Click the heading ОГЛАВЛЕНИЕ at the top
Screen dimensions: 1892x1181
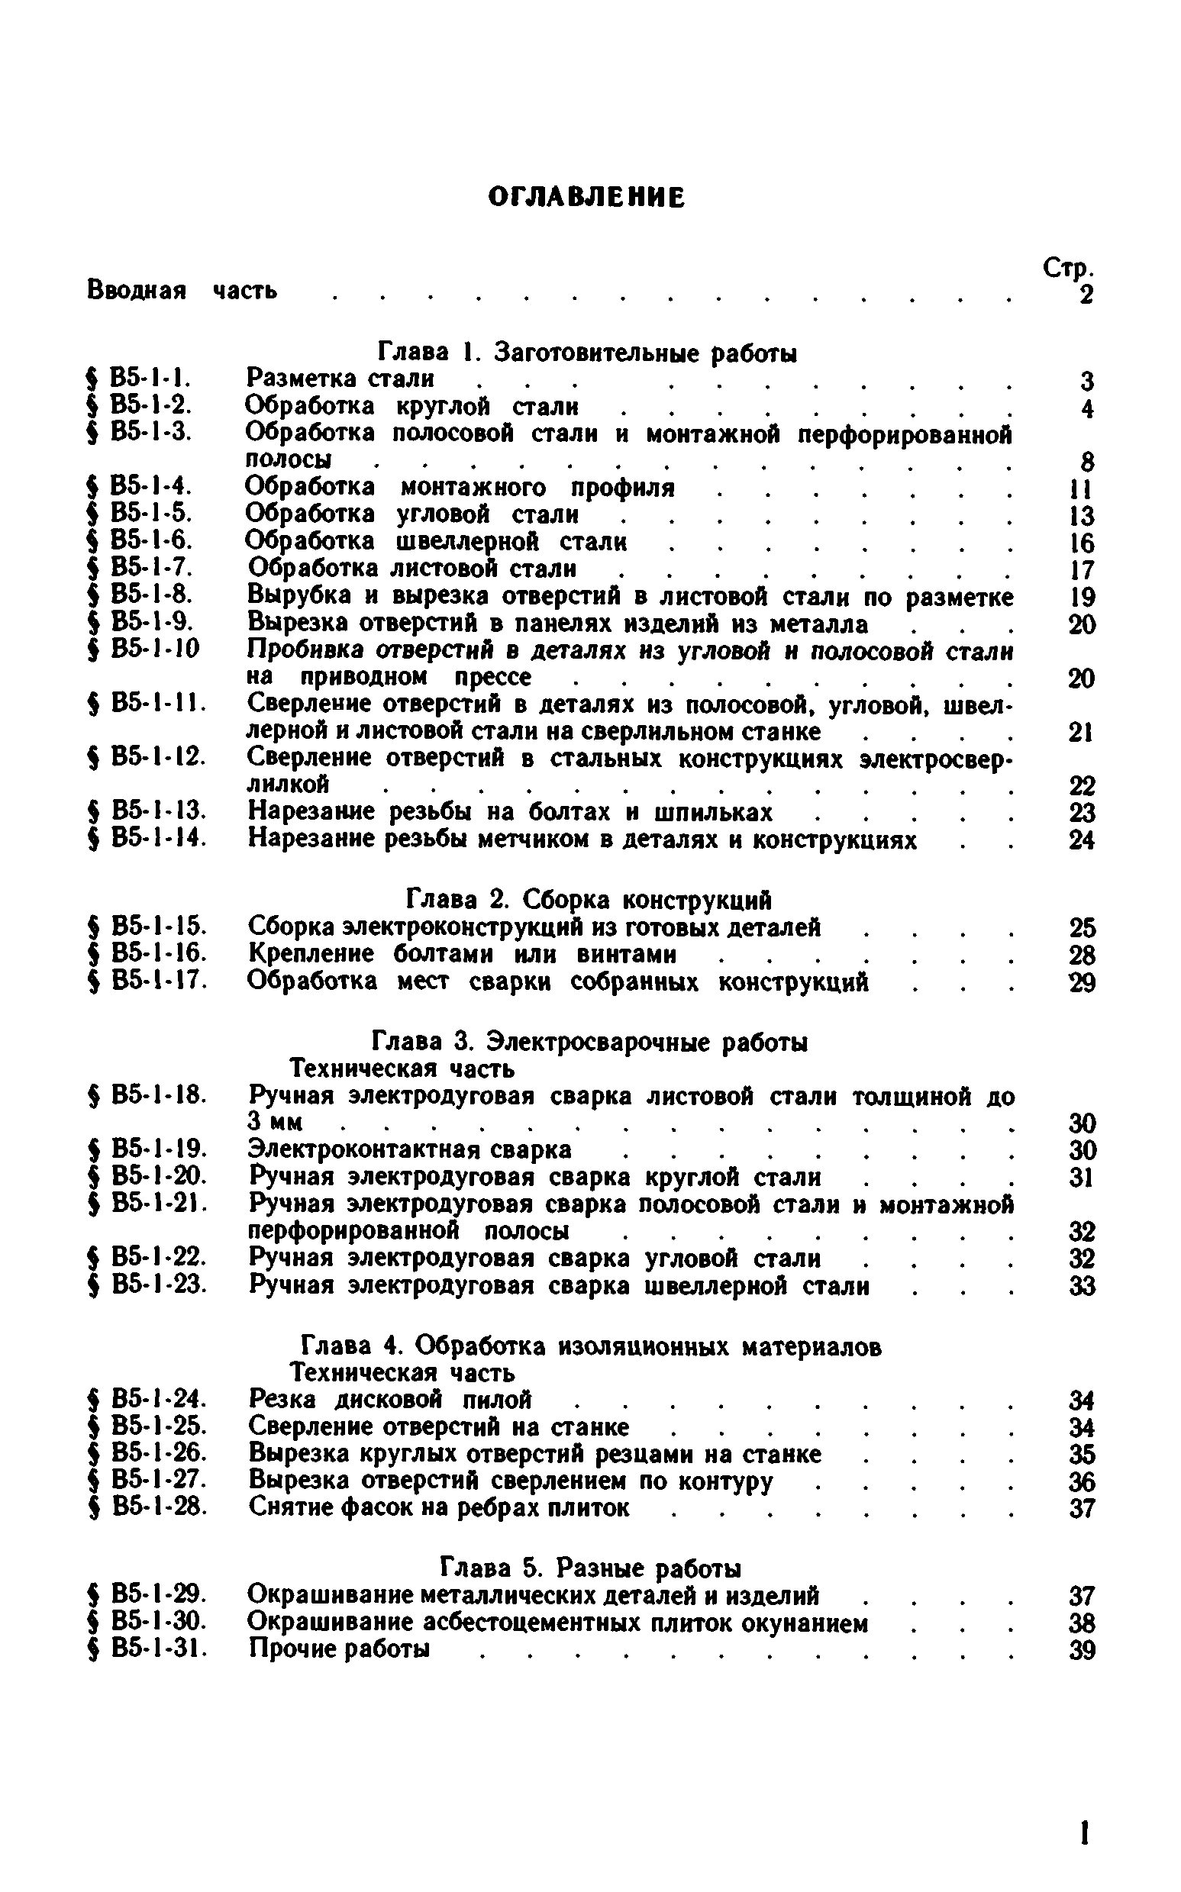tap(586, 198)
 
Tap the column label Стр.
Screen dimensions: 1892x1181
tap(1069, 269)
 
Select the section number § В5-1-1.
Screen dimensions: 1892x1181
tap(140, 379)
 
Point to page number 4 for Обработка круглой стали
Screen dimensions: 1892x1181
tap(1087, 408)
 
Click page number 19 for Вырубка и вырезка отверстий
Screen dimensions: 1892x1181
tap(1082, 598)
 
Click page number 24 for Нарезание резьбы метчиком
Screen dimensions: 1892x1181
tap(1082, 840)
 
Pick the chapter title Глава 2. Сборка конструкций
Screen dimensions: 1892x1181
tap(589, 901)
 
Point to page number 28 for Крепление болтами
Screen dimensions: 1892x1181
tap(1083, 955)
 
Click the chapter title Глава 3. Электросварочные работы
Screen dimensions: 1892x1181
tap(589, 1043)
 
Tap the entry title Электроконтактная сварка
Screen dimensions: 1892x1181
tap(409, 1150)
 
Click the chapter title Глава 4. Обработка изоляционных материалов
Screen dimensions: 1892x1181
tap(592, 1346)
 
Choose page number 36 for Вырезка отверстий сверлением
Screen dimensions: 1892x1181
tap(1083, 1481)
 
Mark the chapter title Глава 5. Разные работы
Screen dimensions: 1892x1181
tap(591, 1568)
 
